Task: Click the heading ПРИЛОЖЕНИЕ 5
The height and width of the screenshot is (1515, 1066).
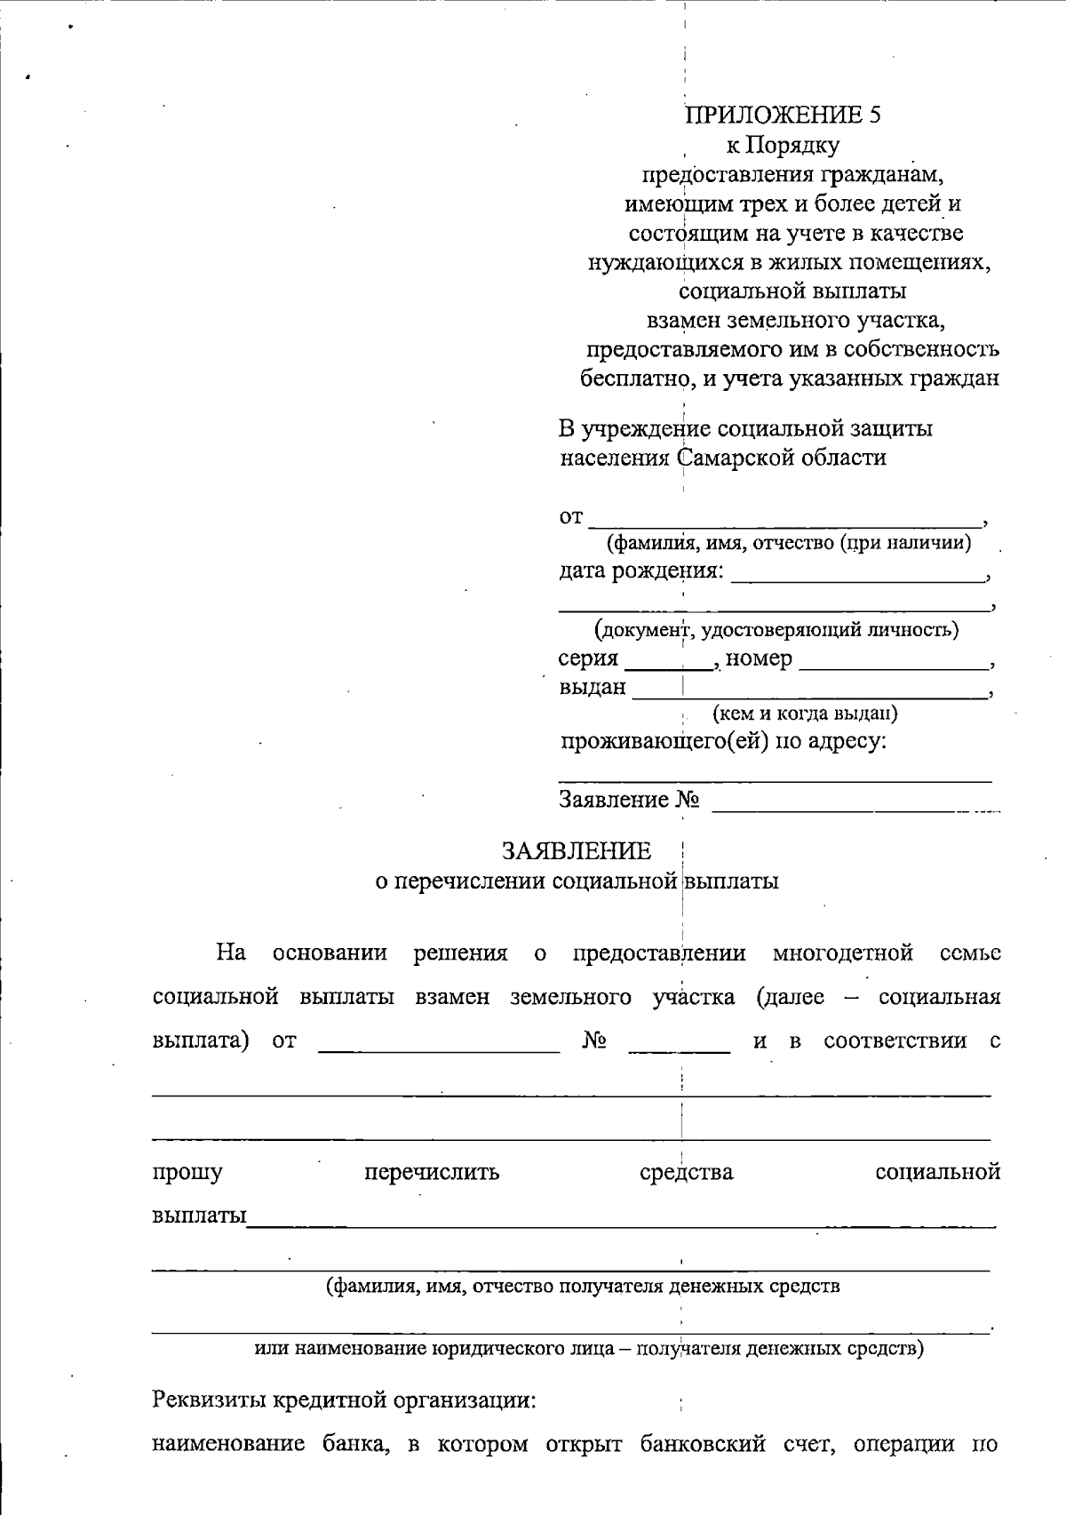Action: pyautogui.click(x=783, y=115)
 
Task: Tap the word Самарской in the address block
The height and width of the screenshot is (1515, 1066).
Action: pyautogui.click(x=736, y=458)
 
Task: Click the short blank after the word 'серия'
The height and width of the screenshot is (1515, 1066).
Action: pyautogui.click(x=669, y=659)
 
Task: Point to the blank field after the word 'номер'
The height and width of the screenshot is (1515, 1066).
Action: pyautogui.click(x=893, y=659)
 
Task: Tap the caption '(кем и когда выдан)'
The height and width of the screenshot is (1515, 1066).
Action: pyautogui.click(x=804, y=714)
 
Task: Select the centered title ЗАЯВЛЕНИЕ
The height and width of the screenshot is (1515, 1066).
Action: pyautogui.click(x=577, y=851)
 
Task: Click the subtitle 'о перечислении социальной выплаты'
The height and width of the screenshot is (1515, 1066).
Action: pyautogui.click(x=577, y=881)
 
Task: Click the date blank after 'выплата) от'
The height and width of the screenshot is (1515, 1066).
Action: pyautogui.click(x=439, y=1041)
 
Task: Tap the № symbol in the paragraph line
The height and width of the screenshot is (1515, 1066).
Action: pyautogui.click(x=593, y=1041)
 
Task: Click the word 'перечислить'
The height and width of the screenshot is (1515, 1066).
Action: pyautogui.click(x=432, y=1173)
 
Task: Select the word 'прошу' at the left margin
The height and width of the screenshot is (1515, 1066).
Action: pyautogui.click(x=187, y=1173)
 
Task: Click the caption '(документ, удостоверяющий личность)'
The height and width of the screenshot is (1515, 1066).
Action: pyautogui.click(x=776, y=631)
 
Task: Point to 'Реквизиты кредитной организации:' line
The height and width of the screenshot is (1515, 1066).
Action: pyautogui.click(x=345, y=1401)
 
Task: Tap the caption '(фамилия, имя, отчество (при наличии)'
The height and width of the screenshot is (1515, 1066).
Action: pyautogui.click(x=787, y=542)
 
